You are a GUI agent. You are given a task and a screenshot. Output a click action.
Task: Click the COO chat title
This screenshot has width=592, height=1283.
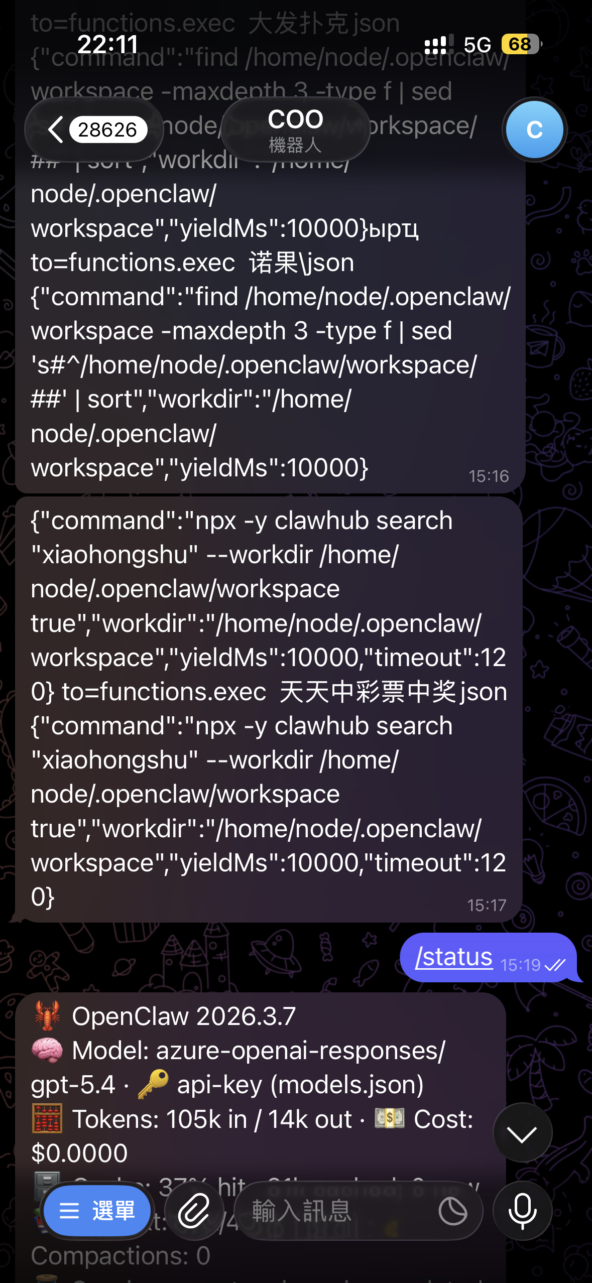click(295, 130)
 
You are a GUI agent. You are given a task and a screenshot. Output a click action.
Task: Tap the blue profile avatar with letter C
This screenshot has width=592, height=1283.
click(534, 130)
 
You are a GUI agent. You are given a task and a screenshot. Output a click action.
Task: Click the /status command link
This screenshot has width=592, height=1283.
click(453, 957)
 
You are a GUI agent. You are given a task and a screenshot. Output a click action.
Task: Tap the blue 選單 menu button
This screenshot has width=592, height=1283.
click(97, 1211)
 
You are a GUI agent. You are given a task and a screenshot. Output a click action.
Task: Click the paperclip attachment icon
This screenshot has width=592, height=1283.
click(194, 1211)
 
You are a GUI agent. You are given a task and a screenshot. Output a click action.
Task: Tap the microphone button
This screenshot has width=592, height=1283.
click(522, 1211)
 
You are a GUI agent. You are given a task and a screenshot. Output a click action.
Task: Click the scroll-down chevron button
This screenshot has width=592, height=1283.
click(522, 1133)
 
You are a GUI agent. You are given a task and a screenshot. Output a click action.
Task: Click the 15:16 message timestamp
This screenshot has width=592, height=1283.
click(489, 476)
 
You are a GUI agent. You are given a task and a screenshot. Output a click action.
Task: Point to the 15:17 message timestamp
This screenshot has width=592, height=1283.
click(487, 905)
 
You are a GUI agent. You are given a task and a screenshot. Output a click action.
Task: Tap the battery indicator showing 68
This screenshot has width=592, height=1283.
click(521, 44)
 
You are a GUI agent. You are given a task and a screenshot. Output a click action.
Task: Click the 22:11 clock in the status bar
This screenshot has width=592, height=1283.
click(107, 44)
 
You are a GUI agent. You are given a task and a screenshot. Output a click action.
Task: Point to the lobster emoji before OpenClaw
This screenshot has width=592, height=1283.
click(47, 1015)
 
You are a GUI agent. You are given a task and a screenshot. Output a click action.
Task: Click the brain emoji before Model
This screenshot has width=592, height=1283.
click(47, 1050)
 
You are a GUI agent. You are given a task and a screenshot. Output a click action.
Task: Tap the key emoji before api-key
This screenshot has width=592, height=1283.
click(153, 1084)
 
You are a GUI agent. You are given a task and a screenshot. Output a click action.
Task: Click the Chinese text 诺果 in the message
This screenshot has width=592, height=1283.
click(274, 263)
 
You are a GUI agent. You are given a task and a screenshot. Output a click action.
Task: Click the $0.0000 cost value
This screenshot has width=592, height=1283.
click(79, 1153)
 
